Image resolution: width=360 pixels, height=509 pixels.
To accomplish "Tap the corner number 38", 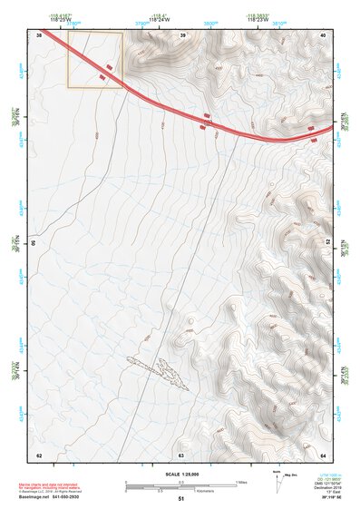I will [x=39, y=34].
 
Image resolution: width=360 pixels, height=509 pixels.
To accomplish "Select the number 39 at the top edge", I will [x=182, y=34].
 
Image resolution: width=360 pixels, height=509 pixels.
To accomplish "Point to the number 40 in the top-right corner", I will [x=324, y=34].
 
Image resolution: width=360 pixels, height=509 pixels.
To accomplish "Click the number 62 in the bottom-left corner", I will [x=39, y=455].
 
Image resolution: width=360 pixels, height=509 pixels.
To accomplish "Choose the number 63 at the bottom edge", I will [x=181, y=455].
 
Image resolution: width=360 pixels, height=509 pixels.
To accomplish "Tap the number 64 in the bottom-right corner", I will [x=324, y=455].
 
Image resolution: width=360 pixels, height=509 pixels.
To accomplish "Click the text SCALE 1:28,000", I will [x=181, y=472].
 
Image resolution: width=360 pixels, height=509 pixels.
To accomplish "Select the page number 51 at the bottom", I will [x=181, y=499].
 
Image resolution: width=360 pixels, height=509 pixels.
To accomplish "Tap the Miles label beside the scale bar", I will [x=242, y=482].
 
